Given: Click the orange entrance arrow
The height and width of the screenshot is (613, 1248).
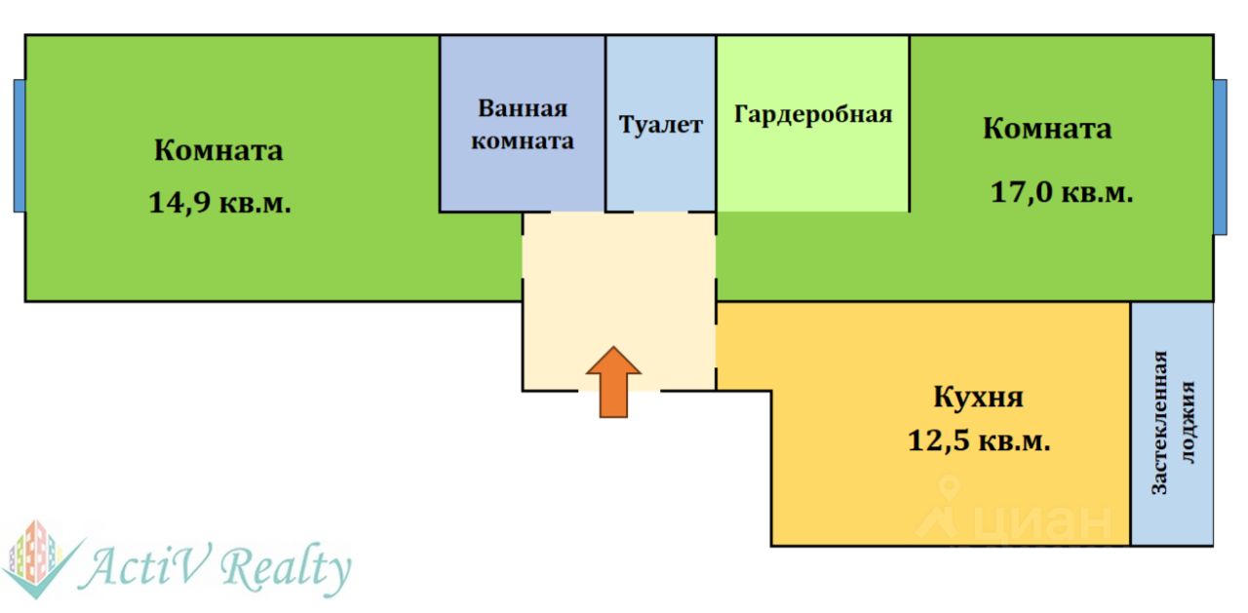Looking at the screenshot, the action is (613, 381).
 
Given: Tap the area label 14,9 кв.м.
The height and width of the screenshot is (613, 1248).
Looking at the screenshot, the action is (219, 204).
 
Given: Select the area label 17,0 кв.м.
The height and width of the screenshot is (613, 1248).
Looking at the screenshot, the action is (1061, 192).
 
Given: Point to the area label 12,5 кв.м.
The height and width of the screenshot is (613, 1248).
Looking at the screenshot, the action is (978, 441).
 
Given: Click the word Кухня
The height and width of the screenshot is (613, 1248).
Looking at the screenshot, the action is (978, 399).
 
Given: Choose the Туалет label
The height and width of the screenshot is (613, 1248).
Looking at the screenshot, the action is (660, 126).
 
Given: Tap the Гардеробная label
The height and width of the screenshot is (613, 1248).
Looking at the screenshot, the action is (812, 115).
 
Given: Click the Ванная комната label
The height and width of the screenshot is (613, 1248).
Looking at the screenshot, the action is (522, 125).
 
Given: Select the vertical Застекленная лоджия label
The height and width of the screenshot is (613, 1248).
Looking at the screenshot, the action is (1173, 422).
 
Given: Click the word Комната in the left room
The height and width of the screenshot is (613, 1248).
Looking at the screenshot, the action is (218, 151).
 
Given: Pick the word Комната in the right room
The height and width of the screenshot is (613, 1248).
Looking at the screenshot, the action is (1046, 129).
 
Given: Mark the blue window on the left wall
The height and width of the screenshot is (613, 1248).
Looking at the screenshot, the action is (19, 145).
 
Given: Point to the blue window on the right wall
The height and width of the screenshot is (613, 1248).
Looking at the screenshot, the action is (1220, 157).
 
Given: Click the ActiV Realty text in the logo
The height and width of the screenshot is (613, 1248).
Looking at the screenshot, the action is (216, 567).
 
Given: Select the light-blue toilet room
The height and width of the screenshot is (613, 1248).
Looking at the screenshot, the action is (660, 171).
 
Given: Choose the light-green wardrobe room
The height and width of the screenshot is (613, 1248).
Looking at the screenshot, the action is (812, 166).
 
